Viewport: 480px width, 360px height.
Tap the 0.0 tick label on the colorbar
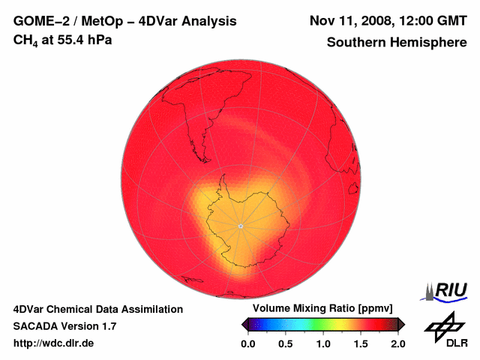coord(247,343)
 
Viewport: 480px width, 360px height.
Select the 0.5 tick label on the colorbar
coord(285,343)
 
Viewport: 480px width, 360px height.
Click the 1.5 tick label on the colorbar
coord(361,343)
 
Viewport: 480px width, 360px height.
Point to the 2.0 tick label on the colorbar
coord(397,343)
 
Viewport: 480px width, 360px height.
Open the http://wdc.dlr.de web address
coord(55,343)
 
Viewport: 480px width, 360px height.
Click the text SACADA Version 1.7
coord(64,326)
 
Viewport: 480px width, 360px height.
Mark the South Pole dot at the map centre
coord(240,226)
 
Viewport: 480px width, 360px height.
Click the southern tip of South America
coord(202,145)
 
